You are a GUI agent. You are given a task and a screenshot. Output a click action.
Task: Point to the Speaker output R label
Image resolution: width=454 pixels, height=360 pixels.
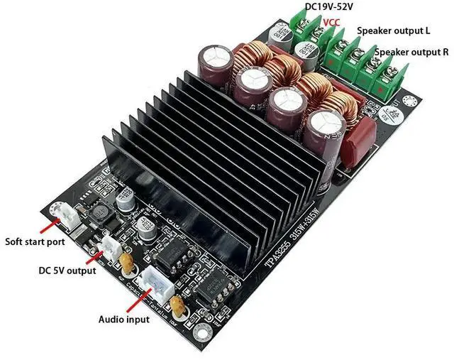[411, 53]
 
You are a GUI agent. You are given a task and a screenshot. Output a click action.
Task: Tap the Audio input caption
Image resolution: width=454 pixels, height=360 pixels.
[123, 320]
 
